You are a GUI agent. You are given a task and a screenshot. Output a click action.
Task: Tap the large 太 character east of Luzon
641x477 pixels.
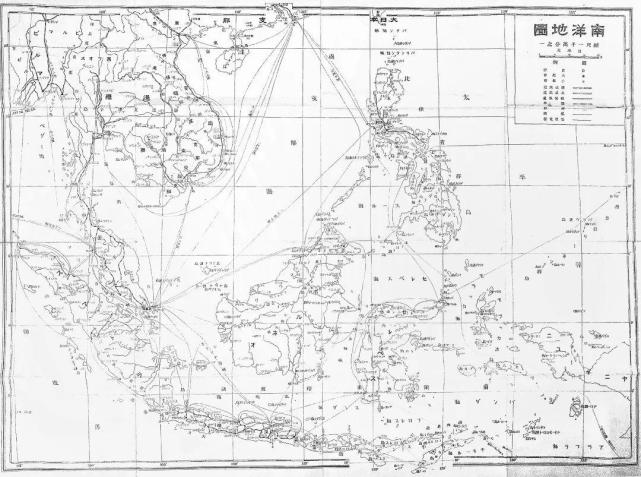(x=472, y=96)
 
